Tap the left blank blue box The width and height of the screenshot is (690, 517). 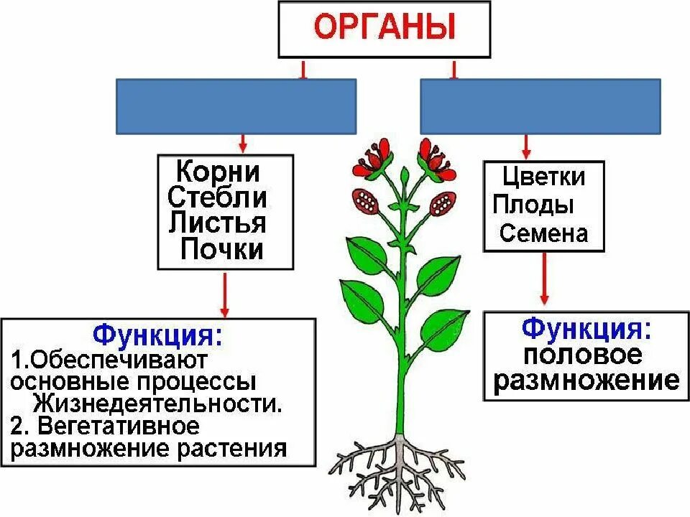tap(236, 106)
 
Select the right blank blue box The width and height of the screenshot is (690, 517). tap(540, 106)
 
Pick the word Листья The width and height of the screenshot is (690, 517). tap(218, 223)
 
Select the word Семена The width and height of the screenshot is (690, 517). tap(544, 233)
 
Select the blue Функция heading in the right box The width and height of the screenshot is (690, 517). tap(586, 328)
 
